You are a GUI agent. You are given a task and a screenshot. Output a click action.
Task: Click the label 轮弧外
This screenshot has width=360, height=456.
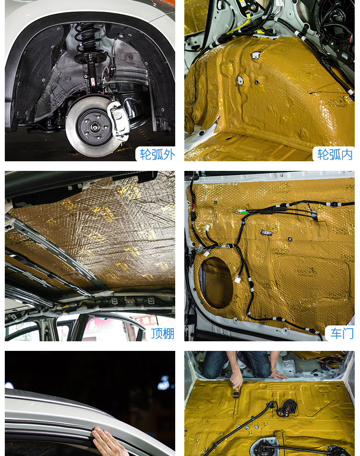[x=157, y=155]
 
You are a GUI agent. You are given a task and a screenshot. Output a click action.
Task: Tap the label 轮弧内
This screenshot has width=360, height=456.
[x=335, y=155]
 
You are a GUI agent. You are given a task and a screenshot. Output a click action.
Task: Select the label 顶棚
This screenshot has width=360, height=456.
[x=163, y=334]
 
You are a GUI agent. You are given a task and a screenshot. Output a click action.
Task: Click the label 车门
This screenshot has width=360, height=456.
[x=342, y=334]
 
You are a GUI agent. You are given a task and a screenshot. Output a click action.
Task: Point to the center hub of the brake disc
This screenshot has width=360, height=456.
[x=95, y=127]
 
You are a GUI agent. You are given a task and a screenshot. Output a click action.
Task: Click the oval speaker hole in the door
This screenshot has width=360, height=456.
[x=216, y=282]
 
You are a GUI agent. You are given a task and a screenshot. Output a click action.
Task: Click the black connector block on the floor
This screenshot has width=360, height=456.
[x=288, y=408]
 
